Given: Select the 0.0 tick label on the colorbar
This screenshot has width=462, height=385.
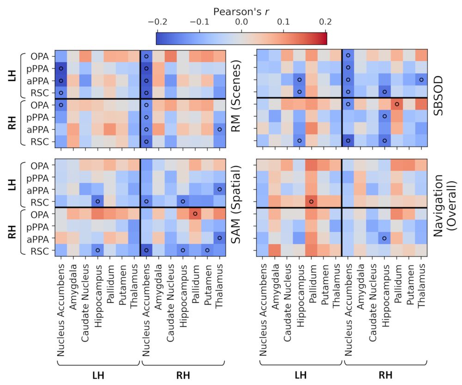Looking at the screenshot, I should tap(241, 22).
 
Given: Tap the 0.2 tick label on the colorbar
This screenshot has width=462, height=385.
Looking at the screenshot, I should tap(326, 22).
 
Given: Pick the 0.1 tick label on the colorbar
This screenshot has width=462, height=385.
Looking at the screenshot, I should tap(284, 22).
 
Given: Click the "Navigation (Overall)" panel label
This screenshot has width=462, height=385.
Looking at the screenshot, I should tap(444, 208).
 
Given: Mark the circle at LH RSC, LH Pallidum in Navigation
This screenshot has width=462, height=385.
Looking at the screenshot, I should tap(311, 202).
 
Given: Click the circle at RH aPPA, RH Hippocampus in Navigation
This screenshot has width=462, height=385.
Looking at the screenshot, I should tap(384, 238).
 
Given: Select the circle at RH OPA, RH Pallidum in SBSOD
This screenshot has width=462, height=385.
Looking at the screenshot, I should tap(397, 104).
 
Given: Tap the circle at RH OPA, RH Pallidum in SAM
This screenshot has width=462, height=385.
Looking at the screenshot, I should tap(195, 214).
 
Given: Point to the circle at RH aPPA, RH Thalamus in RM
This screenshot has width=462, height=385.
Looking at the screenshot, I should tap(219, 129).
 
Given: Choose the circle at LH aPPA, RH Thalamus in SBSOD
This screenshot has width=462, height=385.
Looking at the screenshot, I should tap(421, 80).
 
